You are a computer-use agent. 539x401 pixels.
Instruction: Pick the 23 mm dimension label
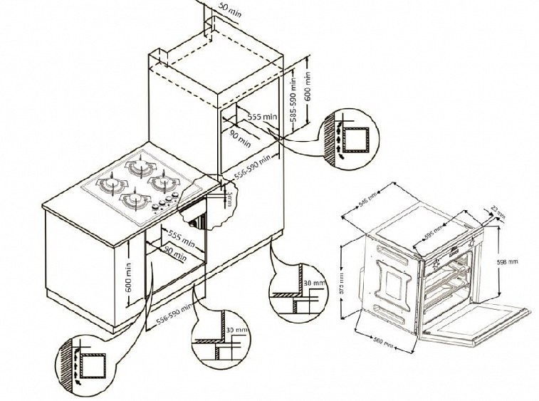499,211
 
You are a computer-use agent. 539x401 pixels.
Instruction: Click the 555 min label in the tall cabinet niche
261,115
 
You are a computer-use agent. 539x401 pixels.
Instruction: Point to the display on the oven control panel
454,249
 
